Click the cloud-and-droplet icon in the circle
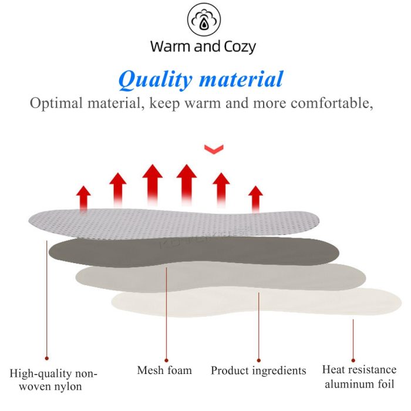coord(204,19)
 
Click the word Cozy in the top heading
coord(240,47)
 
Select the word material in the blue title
coord(241,79)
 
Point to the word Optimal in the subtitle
coord(56,103)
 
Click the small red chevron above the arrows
coord(214,149)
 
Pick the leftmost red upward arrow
coord(83,198)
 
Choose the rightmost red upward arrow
coord(255,198)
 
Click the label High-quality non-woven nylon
coord(53,380)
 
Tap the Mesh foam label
coord(164,370)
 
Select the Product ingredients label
coord(258,371)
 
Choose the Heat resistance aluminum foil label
coord(359,377)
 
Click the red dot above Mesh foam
coord(166,361)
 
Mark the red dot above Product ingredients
coord(259,361)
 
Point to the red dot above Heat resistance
coord(353,361)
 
